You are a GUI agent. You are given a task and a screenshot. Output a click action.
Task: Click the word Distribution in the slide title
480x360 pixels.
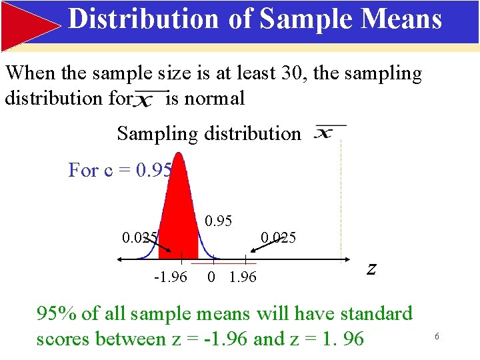[143, 19]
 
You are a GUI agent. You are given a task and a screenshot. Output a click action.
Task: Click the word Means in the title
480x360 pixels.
[405, 19]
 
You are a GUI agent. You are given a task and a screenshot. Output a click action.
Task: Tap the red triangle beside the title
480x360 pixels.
[30, 25]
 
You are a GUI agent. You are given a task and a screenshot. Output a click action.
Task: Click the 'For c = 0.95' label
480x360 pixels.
[120, 171]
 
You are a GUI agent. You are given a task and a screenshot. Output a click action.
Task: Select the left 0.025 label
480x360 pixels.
[139, 237]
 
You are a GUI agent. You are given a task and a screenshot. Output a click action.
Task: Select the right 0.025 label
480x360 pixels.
[278, 237]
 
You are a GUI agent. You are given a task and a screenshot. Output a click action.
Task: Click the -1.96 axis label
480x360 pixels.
[170, 277]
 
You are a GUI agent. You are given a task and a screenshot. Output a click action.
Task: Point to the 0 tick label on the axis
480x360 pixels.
[211, 277]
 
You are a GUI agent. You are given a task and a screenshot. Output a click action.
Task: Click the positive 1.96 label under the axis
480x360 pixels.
[242, 277]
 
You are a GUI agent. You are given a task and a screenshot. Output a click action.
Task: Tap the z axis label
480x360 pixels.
[371, 269]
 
